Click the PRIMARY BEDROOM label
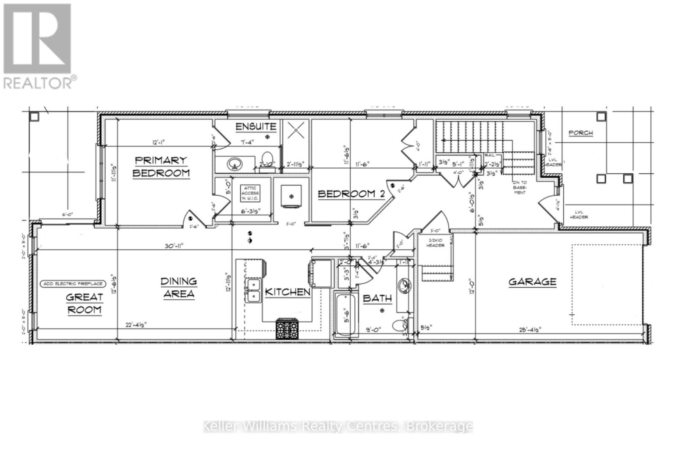click(x=161, y=167)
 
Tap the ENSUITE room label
click(x=256, y=126)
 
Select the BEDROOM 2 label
click(x=351, y=194)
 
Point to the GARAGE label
click(x=532, y=282)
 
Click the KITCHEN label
click(x=287, y=292)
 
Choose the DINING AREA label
click(x=179, y=287)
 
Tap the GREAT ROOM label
click(x=84, y=303)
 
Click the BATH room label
click(x=377, y=298)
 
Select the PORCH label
click(x=581, y=133)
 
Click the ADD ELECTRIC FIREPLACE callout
click(x=73, y=284)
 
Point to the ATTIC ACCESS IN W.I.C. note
click(x=250, y=193)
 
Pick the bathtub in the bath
click(x=346, y=314)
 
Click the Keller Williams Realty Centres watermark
click(x=338, y=426)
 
